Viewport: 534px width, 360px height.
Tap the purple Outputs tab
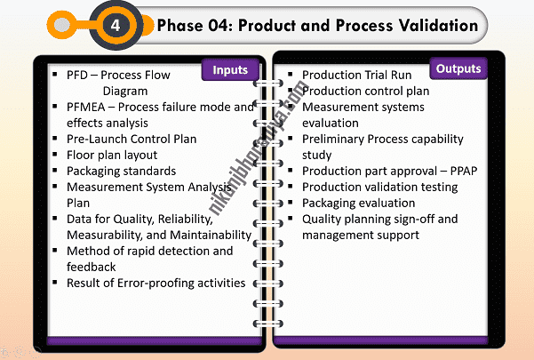(458, 68)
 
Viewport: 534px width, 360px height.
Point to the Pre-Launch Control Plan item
(132, 139)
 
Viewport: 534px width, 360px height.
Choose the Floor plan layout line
(112, 155)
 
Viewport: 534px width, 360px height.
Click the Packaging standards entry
(121, 171)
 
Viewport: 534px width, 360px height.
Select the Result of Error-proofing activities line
(155, 283)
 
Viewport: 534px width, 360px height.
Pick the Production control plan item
(366, 91)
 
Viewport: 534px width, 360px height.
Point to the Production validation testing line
(380, 187)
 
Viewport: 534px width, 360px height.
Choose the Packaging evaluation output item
(358, 203)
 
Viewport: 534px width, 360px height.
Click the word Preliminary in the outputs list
(336, 139)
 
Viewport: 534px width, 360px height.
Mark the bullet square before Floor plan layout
(55, 155)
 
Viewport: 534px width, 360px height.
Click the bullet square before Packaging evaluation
(291, 203)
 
